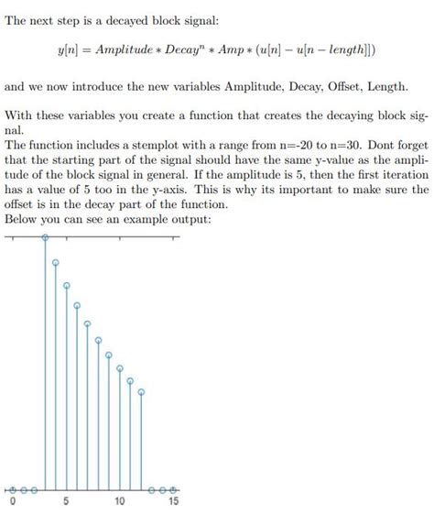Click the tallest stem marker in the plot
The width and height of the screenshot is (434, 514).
[x=46, y=236]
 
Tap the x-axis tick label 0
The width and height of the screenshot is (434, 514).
[x=12, y=503]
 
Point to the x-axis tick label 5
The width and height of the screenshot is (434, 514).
[x=66, y=503]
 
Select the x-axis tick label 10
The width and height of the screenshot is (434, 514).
[x=119, y=503]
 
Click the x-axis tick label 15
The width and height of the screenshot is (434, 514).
[x=173, y=503]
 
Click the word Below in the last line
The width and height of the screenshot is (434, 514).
[x=23, y=220]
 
